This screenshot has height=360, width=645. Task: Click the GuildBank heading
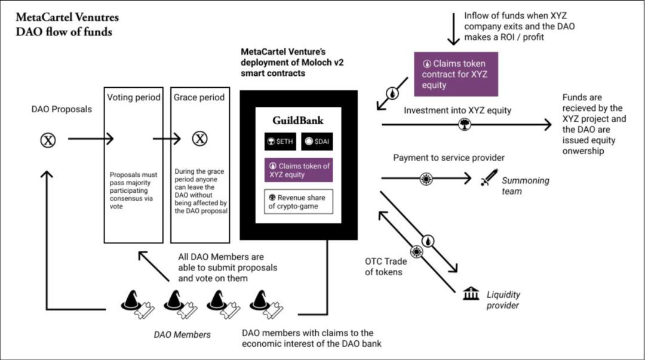(x=298, y=120)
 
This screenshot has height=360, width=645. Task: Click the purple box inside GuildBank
(x=298, y=170)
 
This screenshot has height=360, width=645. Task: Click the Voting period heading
(x=133, y=97)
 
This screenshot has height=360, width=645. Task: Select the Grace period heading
(x=198, y=97)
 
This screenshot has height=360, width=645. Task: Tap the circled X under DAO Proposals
(x=48, y=140)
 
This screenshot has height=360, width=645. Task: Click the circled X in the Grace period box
(x=199, y=139)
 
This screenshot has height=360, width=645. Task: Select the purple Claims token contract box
(x=456, y=74)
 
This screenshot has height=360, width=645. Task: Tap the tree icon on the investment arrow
(x=463, y=125)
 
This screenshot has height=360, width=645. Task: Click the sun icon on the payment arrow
(x=425, y=177)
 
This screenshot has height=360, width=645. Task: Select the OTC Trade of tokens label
(x=385, y=267)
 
